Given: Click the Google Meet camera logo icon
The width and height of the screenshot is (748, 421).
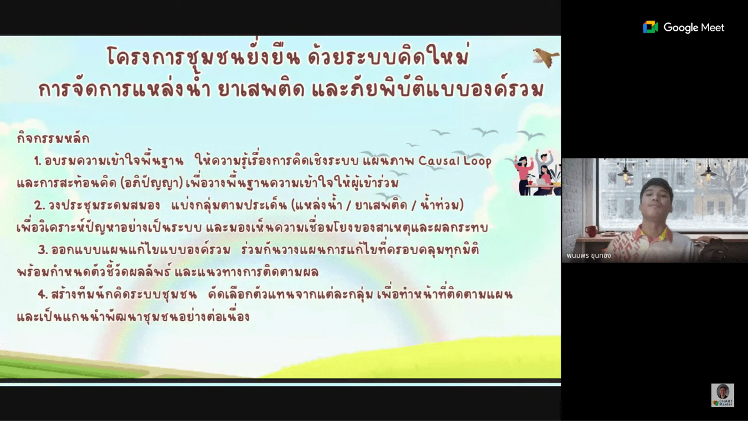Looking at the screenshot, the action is coord(650,27).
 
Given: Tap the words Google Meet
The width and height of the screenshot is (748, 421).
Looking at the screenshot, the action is coord(694,28).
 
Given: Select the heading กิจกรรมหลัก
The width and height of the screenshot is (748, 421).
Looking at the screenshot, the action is coord(53,138).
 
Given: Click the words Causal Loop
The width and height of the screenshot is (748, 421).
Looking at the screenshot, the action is coord(455,161).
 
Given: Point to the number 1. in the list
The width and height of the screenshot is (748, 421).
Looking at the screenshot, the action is coord(37,161).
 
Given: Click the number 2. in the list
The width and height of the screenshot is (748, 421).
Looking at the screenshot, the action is coord(40,206).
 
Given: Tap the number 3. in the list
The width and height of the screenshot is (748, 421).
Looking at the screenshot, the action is coord(43,250).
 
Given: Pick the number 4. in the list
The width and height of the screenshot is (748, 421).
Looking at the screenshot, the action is coord(43,294).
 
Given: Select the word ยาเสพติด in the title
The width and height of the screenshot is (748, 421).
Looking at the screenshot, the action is coord(261,89).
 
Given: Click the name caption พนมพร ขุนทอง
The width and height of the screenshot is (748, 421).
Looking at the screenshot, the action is coord(588,256).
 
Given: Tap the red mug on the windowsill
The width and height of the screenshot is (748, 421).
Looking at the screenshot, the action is coord(591,231).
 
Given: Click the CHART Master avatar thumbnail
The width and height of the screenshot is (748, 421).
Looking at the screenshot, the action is coord(723,395).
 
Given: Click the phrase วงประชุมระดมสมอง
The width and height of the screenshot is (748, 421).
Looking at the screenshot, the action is coord(105,206).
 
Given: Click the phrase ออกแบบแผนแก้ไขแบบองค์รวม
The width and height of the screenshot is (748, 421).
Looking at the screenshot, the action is coord(141,250).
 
